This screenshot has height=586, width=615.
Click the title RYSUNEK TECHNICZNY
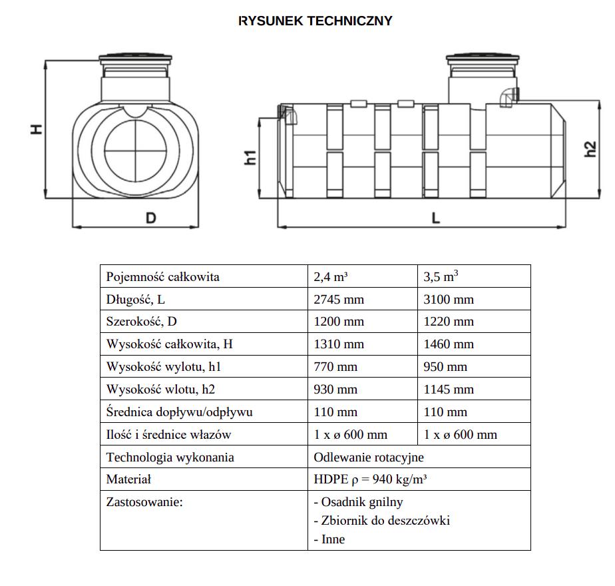pyautogui.click(x=315, y=21)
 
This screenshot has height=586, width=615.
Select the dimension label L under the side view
pyautogui.click(x=436, y=218)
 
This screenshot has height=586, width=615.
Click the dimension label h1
pyautogui.click(x=250, y=158)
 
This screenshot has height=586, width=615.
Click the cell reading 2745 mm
pyautogui.click(x=339, y=299)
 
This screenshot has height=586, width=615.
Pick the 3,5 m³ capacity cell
pyautogui.click(x=442, y=276)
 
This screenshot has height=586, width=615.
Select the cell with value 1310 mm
pyautogui.click(x=339, y=344)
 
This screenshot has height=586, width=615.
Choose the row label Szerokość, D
pyautogui.click(x=142, y=322)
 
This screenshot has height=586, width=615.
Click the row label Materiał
pyautogui.click(x=129, y=479)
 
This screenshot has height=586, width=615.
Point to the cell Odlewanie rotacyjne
pyautogui.click(x=369, y=457)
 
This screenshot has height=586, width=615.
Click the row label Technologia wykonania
pyautogui.click(x=170, y=457)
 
